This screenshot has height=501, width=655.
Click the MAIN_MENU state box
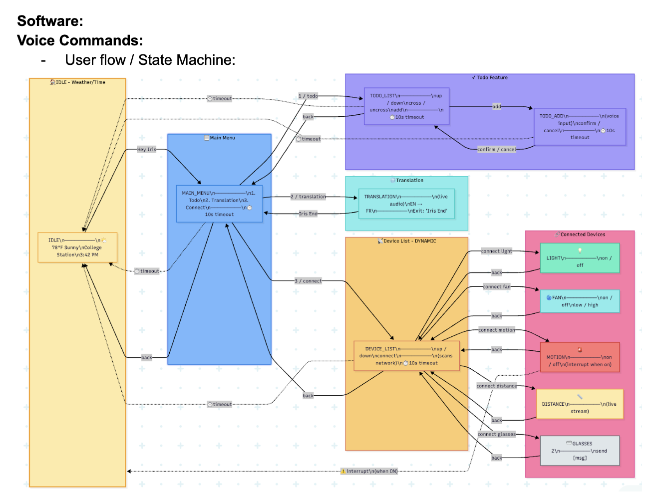pos(219,204)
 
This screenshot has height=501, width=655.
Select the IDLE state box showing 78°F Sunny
pos(77,247)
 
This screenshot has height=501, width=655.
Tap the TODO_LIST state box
pos(406,106)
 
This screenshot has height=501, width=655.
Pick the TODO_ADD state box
pos(580,127)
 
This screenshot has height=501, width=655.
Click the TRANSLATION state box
pos(406,204)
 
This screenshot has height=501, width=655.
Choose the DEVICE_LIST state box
pos(406,356)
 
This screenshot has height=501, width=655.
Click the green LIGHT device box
pos(580,258)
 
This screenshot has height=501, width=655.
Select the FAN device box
pos(580,301)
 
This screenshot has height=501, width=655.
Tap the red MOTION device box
pos(580,357)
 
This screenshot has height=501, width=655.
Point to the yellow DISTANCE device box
pos(580,404)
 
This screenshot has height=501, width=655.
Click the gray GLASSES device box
pos(580,451)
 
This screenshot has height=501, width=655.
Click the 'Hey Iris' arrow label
pos(147,149)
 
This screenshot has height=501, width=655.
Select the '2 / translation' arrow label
pos(308,197)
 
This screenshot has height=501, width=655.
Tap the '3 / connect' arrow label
pos(308,281)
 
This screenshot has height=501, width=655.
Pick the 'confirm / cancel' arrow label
pos(496,149)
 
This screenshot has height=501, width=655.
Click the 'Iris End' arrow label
pos(308,214)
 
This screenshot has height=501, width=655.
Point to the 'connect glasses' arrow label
pos(496,434)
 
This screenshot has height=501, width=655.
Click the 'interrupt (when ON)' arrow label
pos(369,471)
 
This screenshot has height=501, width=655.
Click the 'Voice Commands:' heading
pos(80,40)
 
